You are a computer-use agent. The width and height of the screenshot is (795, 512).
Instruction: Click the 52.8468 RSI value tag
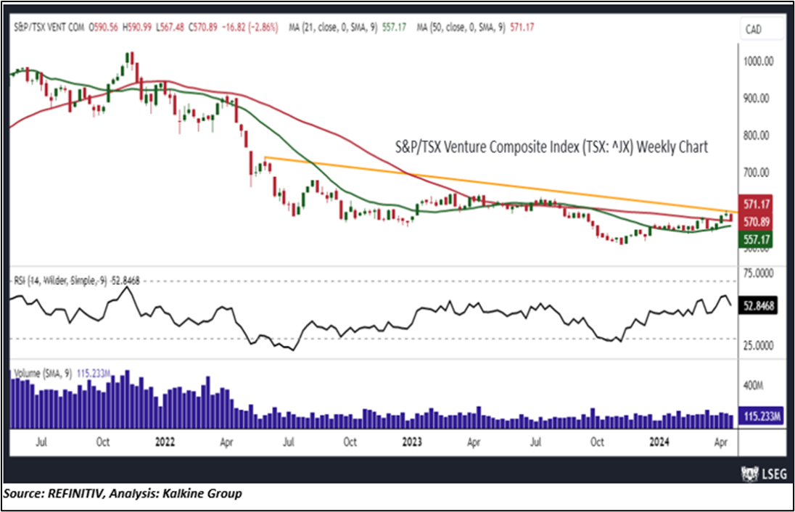point(759,307)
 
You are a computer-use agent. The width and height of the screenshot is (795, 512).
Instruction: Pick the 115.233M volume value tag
point(759,416)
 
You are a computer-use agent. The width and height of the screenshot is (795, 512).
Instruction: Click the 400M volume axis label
point(757,384)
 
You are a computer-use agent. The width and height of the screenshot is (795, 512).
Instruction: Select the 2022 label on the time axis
point(165,441)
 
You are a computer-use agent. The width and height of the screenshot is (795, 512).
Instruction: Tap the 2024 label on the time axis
point(660,441)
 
